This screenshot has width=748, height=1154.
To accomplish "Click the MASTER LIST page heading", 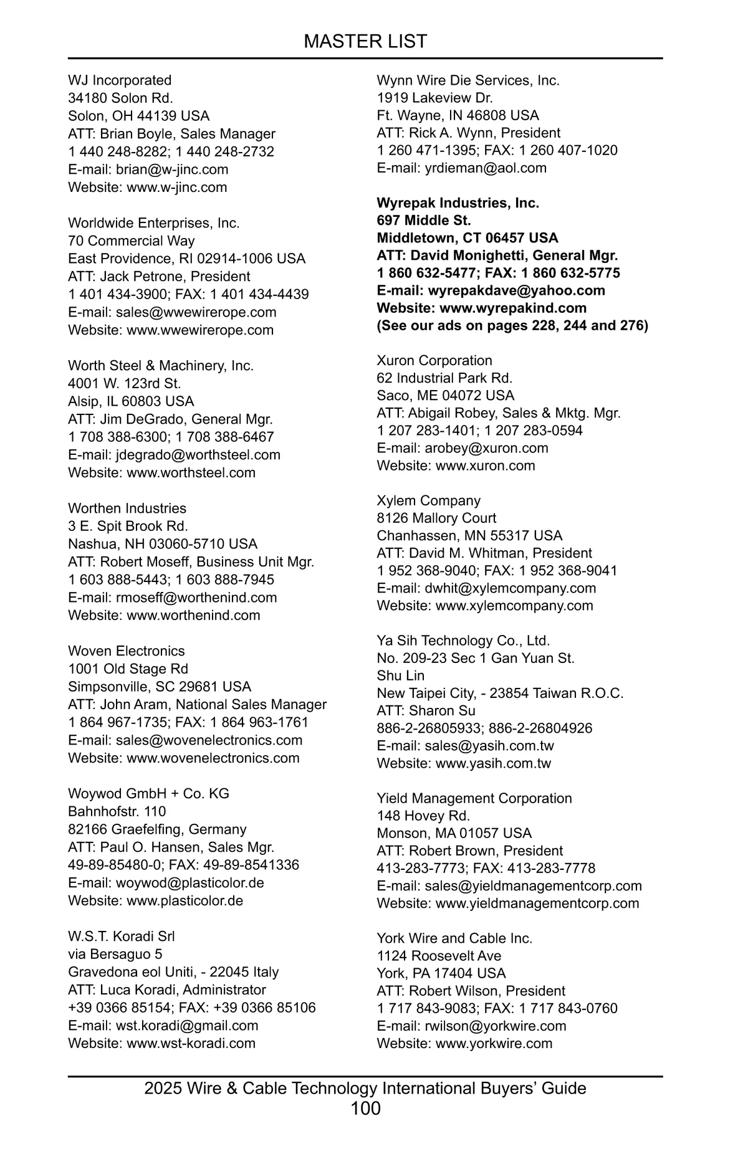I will (x=365, y=41).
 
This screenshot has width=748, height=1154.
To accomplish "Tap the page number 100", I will (x=365, y=1109).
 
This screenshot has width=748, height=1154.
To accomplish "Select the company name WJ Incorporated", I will (x=120, y=80).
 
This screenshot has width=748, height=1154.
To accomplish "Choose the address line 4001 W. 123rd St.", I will (x=125, y=383).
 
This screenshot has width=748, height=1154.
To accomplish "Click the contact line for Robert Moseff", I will (x=191, y=562).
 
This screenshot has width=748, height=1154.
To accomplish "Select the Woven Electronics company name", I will (x=127, y=651).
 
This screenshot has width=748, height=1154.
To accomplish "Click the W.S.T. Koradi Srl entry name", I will (x=122, y=937).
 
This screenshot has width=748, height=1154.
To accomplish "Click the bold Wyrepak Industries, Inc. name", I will (x=458, y=203).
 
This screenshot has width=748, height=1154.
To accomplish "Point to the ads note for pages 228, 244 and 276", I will (x=512, y=325).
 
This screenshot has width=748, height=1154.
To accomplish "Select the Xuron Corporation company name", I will (x=434, y=361).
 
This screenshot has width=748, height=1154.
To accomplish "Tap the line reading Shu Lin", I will (x=400, y=676).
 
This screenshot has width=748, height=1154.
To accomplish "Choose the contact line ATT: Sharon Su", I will (x=426, y=711).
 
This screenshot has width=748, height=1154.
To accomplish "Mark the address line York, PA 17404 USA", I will (x=441, y=973).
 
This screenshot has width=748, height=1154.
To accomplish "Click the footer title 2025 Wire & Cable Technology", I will (x=365, y=1089).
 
